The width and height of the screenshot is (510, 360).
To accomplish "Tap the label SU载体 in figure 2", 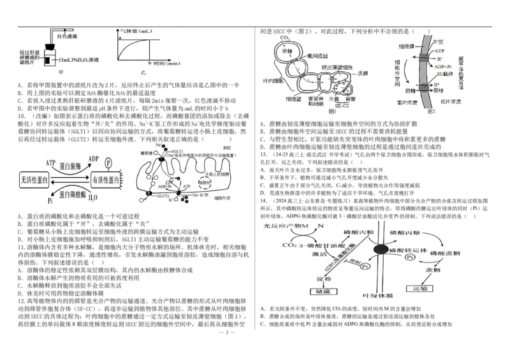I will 439,75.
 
